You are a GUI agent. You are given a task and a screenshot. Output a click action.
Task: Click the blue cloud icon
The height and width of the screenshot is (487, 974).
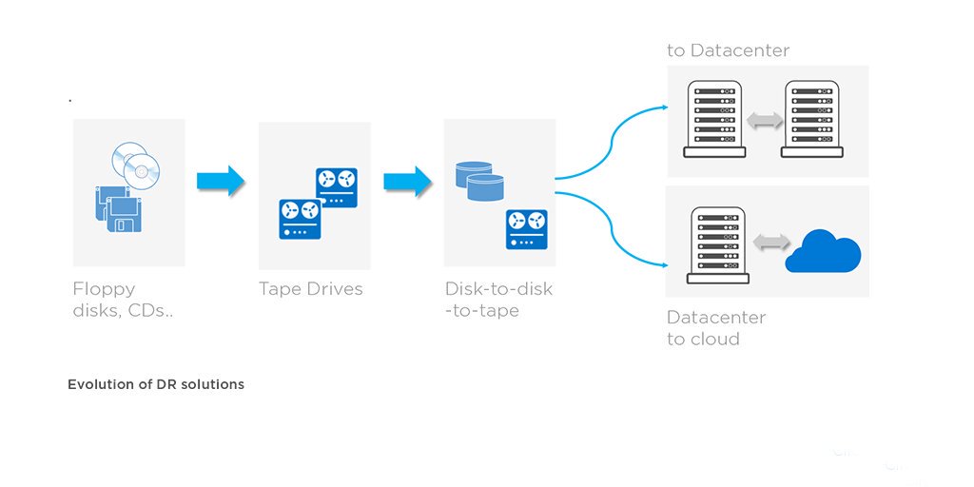coord(823,252)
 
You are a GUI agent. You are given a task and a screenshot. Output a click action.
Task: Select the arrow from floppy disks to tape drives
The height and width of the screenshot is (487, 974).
coord(221,181)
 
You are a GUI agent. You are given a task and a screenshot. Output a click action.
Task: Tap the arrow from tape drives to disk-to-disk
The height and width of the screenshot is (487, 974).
coord(407,181)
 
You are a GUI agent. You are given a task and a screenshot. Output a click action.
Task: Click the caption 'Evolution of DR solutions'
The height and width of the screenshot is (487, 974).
coord(156,384)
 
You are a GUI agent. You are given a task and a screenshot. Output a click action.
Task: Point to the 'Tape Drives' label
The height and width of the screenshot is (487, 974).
coord(310,289)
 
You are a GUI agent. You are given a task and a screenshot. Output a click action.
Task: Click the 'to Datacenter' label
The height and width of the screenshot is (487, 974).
coord(728,50)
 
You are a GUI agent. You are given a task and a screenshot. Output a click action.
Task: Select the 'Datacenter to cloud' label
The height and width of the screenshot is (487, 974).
coord(715,328)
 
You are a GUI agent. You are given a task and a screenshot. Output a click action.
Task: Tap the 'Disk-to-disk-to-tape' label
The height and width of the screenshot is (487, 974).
coord(497,300)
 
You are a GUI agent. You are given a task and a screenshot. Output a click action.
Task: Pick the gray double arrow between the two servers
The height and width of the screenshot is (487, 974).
coord(765,120)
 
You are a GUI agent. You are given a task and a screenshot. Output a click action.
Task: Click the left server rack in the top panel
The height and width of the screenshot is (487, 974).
coord(716,118)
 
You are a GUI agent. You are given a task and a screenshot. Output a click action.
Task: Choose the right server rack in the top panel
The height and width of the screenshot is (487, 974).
coord(811,118)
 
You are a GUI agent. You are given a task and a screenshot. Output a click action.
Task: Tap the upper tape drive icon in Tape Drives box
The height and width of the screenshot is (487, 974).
coord(337,187)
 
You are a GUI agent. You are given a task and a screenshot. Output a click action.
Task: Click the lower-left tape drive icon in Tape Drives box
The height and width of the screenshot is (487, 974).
coord(300,220)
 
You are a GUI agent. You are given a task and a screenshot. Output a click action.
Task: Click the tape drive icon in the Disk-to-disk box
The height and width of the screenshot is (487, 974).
coord(526,229)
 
